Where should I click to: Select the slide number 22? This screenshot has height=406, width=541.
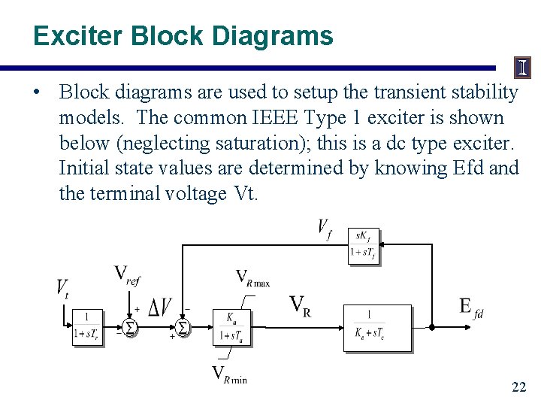[518, 388]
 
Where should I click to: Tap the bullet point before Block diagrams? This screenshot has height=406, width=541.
[38, 92]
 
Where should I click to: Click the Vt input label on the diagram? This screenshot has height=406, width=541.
[62, 288]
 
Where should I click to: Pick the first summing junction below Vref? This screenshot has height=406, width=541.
[129, 328]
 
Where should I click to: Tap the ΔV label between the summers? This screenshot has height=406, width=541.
[159, 308]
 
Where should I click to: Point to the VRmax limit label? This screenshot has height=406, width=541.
[252, 277]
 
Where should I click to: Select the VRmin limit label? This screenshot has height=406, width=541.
[229, 375]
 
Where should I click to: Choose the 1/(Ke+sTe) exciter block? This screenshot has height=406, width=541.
[377, 327]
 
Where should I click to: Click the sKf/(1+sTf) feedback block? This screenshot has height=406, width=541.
[364, 246]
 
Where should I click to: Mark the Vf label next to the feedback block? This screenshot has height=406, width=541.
[325, 229]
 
